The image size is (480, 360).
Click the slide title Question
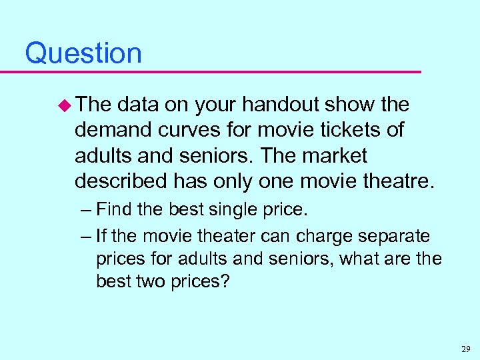83,53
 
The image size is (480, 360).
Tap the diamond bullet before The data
65,105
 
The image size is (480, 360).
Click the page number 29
465,348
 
